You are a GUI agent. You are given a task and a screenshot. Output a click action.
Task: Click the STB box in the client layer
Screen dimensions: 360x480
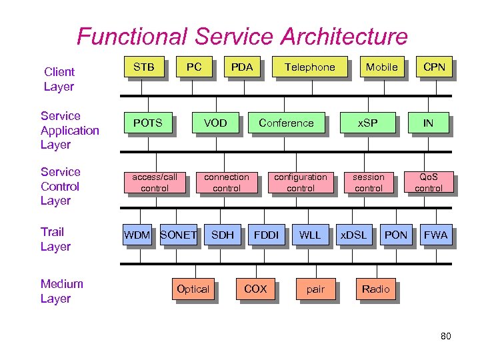[143, 67]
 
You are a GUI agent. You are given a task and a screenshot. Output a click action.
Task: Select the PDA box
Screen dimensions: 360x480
[241, 67]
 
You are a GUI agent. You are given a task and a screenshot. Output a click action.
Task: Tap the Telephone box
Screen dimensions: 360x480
[310, 67]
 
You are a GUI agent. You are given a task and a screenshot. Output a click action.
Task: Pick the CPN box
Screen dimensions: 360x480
[434, 67]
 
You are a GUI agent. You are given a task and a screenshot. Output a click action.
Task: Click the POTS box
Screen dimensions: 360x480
[147, 123]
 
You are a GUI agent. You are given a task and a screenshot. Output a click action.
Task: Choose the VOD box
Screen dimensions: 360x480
[215, 123]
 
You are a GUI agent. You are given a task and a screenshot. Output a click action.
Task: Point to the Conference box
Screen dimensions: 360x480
[286, 123]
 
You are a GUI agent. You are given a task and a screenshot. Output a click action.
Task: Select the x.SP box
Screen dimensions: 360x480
[367, 123]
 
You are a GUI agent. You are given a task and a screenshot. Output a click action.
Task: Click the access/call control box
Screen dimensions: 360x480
[155, 183]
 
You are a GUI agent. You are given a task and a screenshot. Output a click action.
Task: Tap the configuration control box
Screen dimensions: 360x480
[301, 183]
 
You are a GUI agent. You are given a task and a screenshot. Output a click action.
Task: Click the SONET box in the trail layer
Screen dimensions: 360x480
[179, 235]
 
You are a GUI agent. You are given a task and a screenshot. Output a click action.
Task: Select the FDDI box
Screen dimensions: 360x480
[266, 235]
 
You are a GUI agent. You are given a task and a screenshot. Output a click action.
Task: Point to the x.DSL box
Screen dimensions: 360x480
[353, 235]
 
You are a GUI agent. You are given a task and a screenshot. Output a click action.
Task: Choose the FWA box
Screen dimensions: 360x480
[435, 235]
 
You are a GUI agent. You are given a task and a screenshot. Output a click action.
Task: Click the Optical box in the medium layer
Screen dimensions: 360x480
[193, 289]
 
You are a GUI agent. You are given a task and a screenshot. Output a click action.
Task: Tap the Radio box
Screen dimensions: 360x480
[375, 289]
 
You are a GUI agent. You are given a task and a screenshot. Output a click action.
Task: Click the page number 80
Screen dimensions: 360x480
[445, 336]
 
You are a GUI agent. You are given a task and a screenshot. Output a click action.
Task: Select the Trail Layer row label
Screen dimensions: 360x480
[55, 239]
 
